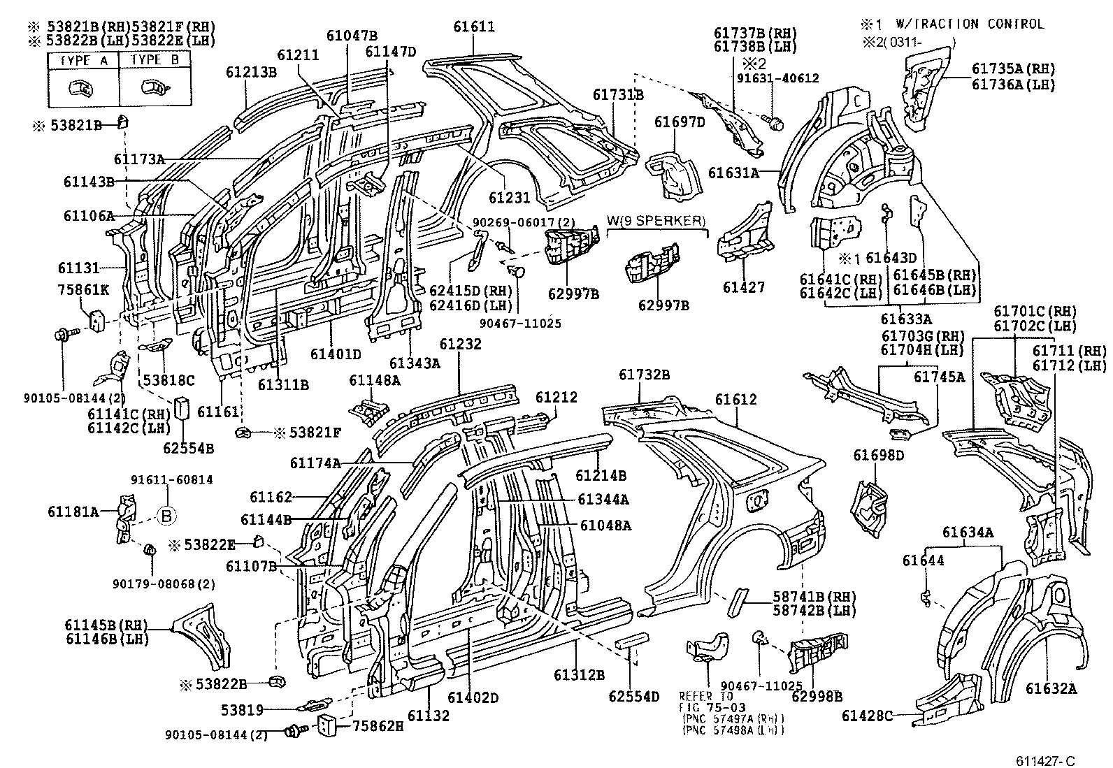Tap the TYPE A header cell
point(83,60)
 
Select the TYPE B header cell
point(155,60)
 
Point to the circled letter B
point(166,516)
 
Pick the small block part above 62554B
point(183,408)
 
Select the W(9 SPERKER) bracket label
point(656,222)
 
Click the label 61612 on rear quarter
point(735,399)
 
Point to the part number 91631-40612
point(777,79)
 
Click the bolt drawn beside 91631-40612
point(775,124)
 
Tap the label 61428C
point(868,716)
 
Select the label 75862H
point(377,726)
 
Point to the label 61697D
point(680,122)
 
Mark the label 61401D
point(336,354)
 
